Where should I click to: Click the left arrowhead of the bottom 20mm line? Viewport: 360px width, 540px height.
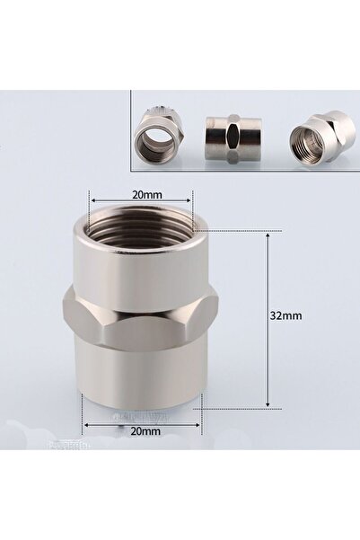click(x=85, y=421)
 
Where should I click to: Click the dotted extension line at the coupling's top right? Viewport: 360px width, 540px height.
click(x=238, y=231)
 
